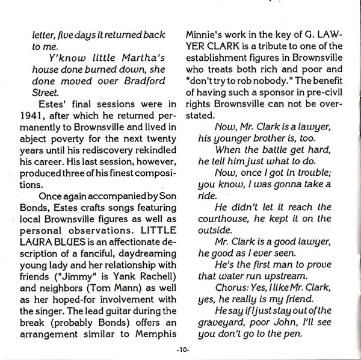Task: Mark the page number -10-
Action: (x=180, y=349)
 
